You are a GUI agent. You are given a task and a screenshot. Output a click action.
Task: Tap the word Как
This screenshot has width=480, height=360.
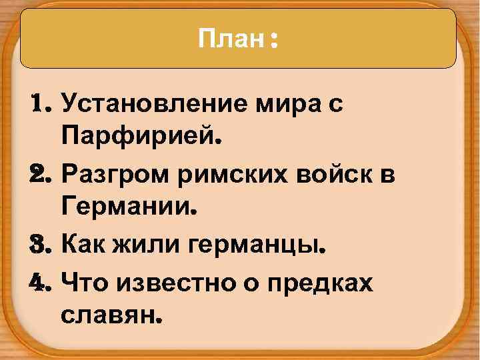[x=83, y=247]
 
